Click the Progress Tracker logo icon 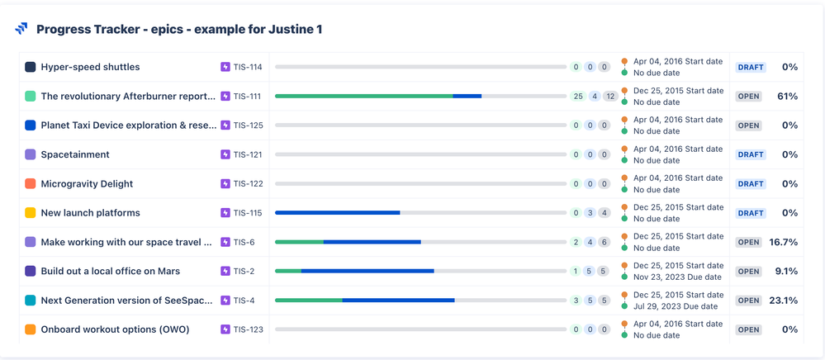coord(21,29)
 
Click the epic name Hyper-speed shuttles coord(90,67)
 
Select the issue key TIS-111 coord(247,97)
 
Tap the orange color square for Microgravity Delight coord(31,183)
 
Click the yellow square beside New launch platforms coord(31,213)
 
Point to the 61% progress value coord(787,97)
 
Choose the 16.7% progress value coord(783,242)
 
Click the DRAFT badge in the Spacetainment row coord(751,154)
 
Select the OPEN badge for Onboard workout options coord(748,329)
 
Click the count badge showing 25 coord(578,97)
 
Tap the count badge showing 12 coord(610,97)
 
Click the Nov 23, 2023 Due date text coord(679,277)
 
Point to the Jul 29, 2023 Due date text coord(676,306)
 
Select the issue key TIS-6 coord(244,242)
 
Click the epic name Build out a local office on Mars coord(110,271)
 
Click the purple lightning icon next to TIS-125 coord(225,126)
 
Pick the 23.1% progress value coord(783,301)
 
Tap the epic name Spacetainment coord(75,154)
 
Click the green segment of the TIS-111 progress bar coord(363,96)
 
